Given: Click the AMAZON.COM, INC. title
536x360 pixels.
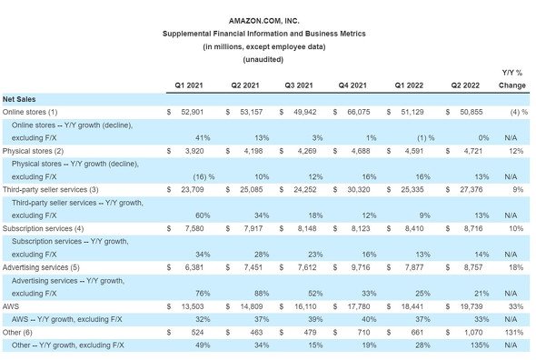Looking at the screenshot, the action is click(263, 21).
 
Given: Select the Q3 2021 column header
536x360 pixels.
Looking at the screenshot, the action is click(299, 85).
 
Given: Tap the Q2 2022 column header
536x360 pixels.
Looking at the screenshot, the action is click(465, 85).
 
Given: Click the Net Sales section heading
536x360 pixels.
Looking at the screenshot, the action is click(19, 99).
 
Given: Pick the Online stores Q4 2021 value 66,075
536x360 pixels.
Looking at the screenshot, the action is click(359, 112).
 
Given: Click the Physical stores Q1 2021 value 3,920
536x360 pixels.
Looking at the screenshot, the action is click(194, 151).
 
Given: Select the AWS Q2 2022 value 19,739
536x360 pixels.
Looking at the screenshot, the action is click(471, 306).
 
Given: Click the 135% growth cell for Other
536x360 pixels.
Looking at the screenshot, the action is click(480, 345).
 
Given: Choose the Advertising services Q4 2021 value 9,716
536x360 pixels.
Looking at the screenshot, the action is click(361, 267).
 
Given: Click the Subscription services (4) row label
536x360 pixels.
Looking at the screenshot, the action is click(43, 228).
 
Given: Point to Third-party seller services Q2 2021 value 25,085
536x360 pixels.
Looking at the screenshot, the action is click(252, 190).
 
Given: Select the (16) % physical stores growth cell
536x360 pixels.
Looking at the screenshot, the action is click(203, 177).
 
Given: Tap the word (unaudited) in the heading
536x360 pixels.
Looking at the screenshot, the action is click(263, 59).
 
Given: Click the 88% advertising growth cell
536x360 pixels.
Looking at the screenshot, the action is click(262, 294).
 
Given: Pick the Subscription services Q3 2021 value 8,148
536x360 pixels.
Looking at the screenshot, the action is click(307, 228).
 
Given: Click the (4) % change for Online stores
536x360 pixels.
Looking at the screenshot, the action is click(519, 112).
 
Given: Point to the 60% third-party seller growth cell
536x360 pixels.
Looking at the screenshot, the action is click(203, 215).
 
